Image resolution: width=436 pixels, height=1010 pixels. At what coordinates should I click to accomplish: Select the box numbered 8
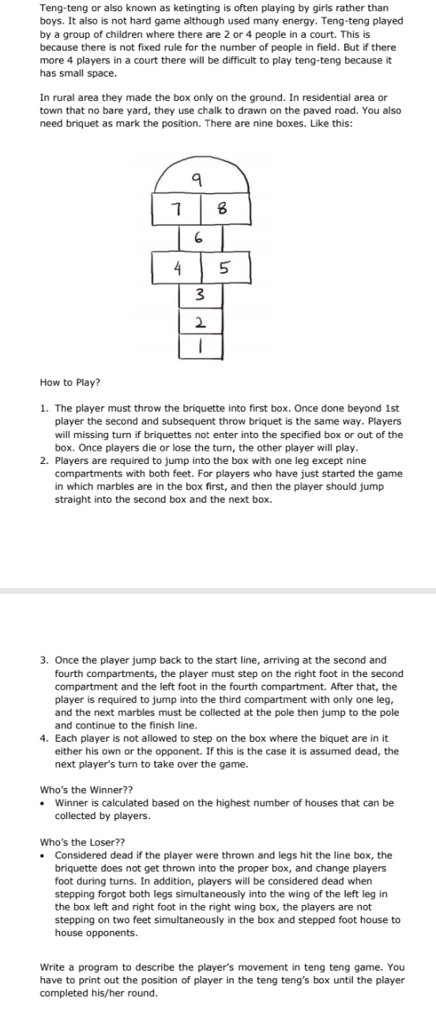(224, 209)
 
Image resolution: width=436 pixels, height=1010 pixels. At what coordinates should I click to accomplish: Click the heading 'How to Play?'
(70, 383)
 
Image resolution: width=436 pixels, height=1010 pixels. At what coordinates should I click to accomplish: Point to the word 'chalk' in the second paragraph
(198, 110)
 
